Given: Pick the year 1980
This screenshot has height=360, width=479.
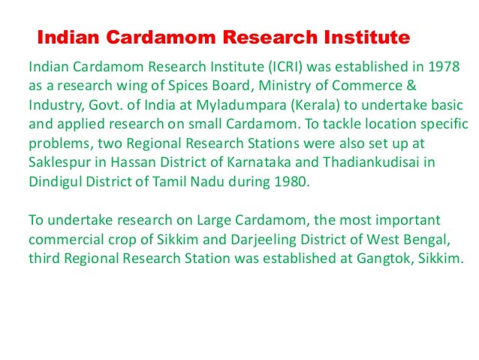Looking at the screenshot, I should click(x=290, y=180).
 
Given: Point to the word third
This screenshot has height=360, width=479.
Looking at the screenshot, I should click(x=44, y=259).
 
